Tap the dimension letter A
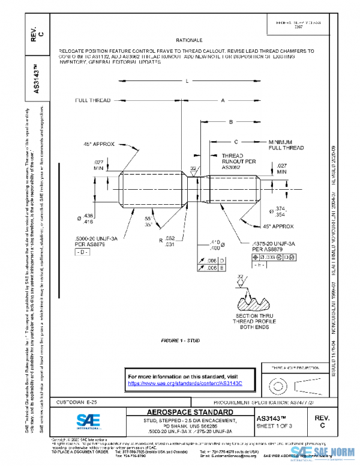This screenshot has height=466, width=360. click(x=223, y=100)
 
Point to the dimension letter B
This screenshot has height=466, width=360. click(x=230, y=122)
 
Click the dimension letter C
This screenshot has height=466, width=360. click(x=236, y=142)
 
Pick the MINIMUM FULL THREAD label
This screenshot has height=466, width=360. click(x=286, y=144)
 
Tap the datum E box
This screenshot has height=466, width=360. click(x=259, y=265)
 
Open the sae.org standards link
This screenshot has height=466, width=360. click(x=184, y=383)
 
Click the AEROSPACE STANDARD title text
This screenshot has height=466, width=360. click(x=190, y=412)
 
